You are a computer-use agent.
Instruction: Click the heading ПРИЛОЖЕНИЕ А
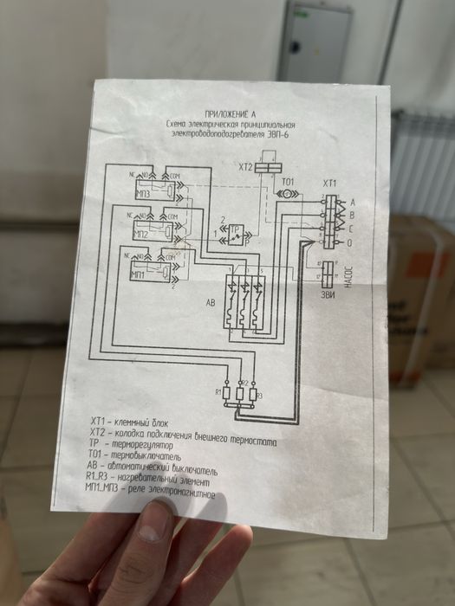[230, 114]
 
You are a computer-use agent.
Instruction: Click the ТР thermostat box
[233, 235]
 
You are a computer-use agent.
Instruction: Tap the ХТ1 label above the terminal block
[329, 184]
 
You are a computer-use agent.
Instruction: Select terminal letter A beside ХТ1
[351, 202]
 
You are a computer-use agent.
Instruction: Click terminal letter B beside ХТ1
[351, 215]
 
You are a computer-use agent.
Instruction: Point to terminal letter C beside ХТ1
[351, 229]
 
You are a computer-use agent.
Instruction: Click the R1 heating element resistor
[228, 393]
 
